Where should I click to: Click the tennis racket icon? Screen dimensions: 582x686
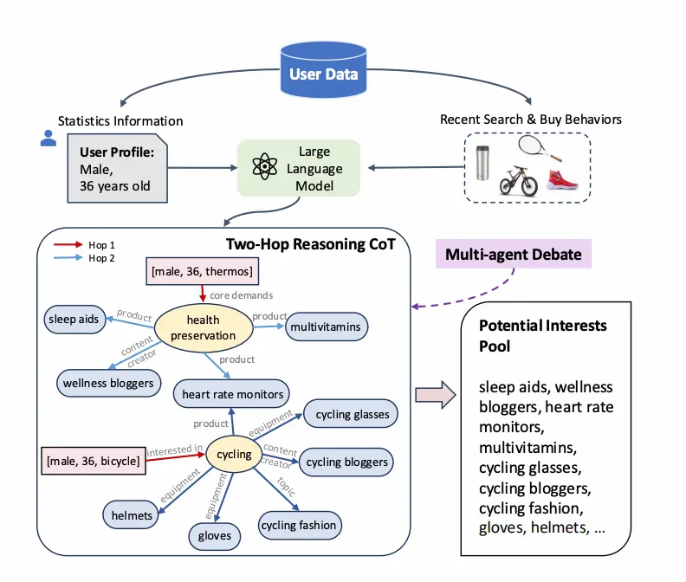(x=541, y=149)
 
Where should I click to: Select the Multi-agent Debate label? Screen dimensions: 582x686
(x=513, y=255)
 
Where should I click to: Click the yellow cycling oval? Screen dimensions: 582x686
(x=234, y=454)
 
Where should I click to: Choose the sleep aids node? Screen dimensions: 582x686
(x=74, y=320)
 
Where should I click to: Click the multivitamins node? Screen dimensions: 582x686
(x=327, y=327)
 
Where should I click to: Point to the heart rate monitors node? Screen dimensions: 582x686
(x=231, y=394)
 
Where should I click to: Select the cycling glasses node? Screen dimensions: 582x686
(x=352, y=414)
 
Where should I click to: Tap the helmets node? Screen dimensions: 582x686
(x=131, y=515)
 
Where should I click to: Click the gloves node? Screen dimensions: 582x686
(x=214, y=536)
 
